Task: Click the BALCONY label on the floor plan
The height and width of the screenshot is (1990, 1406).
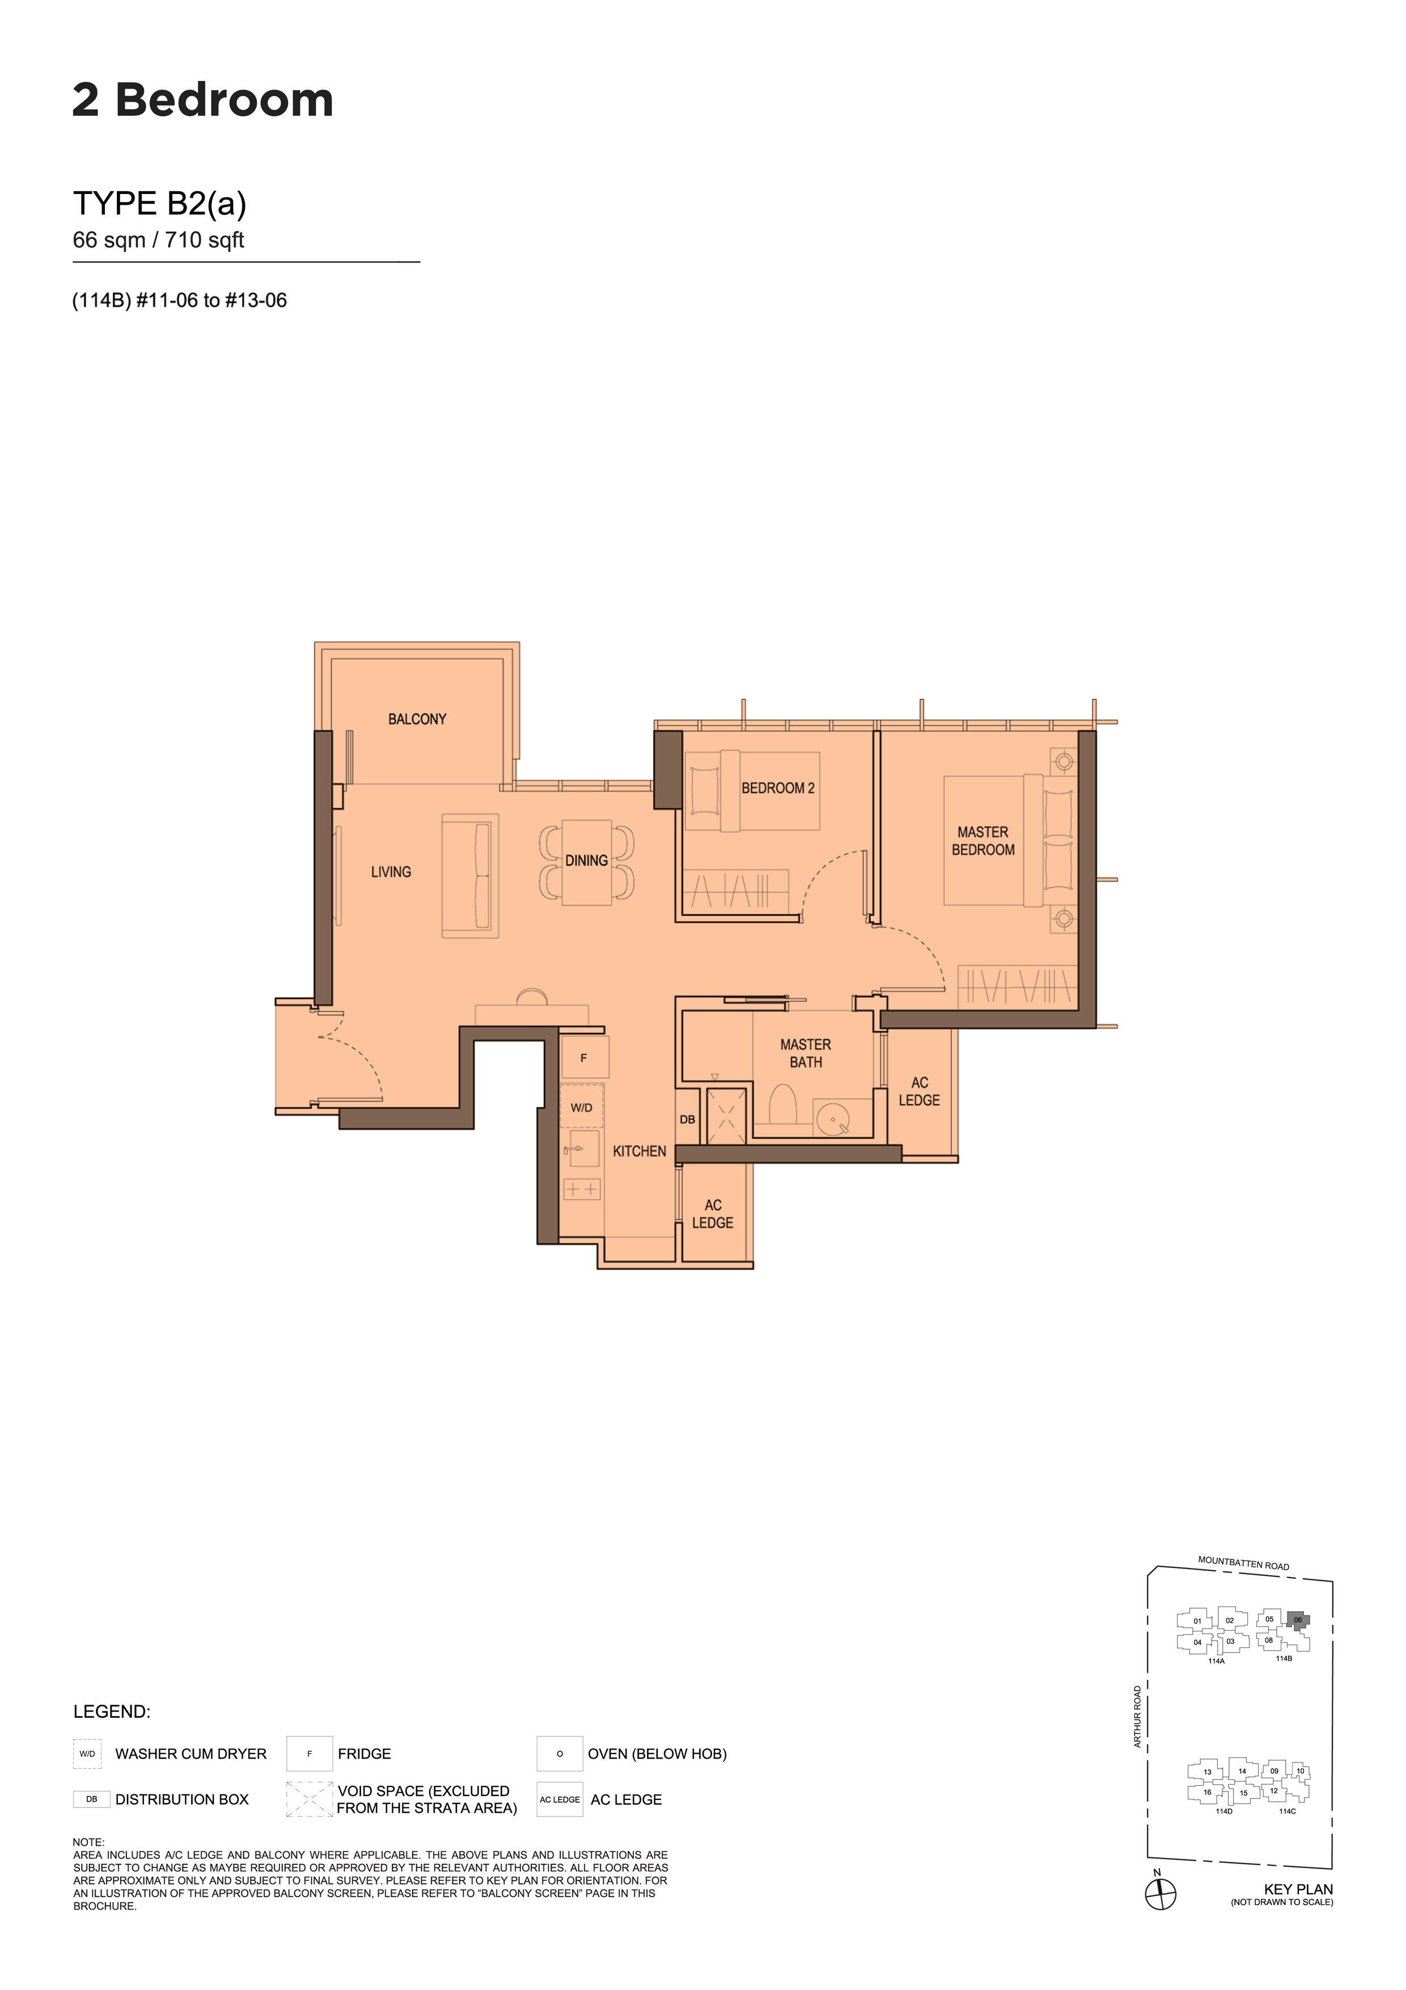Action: pyautogui.click(x=417, y=719)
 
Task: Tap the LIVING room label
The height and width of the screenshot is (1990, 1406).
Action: pyautogui.click(x=391, y=872)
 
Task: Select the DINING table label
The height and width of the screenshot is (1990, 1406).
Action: pyautogui.click(x=586, y=861)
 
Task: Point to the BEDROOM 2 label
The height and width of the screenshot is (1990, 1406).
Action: pyautogui.click(x=778, y=788)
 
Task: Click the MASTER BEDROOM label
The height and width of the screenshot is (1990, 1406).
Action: pyautogui.click(x=983, y=841)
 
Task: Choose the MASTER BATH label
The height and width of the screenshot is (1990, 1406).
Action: pyautogui.click(x=806, y=1053)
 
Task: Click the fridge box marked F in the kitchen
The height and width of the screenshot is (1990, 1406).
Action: pyautogui.click(x=585, y=1059)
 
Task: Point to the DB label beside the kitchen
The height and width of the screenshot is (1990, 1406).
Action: pyautogui.click(x=687, y=1119)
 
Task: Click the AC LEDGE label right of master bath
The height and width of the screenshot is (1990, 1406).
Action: pyautogui.click(x=919, y=1091)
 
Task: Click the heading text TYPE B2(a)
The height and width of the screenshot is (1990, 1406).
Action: pyautogui.click(x=159, y=204)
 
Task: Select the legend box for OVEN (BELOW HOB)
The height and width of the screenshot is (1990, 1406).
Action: pyautogui.click(x=560, y=1753)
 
